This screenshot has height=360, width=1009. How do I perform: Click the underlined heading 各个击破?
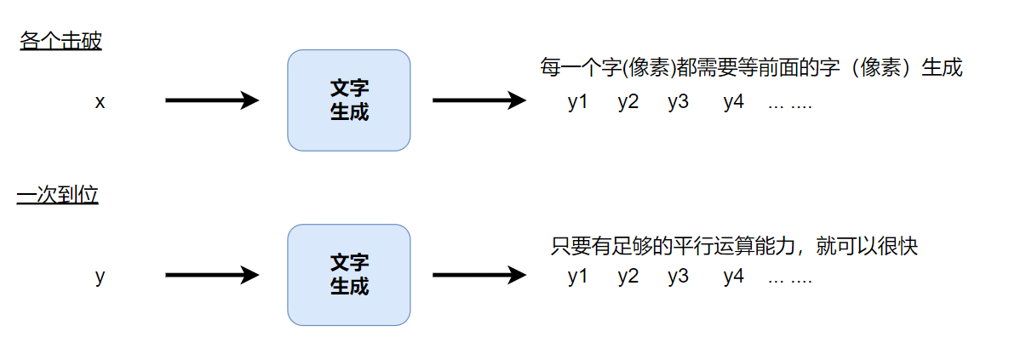pyautogui.click(x=60, y=42)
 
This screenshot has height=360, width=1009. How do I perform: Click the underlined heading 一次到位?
pyautogui.click(x=58, y=196)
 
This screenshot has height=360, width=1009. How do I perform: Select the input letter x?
pyautogui.click(x=100, y=102)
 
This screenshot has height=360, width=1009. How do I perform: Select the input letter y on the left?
pyautogui.click(x=100, y=276)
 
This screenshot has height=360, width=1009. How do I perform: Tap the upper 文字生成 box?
pyautogui.click(x=349, y=100)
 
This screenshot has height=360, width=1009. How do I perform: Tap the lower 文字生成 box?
pyautogui.click(x=349, y=274)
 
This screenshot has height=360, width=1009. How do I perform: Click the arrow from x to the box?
pyautogui.click(x=211, y=100)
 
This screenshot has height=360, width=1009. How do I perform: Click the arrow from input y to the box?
pyautogui.click(x=211, y=274)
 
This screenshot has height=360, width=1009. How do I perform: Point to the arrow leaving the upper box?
pyautogui.click(x=479, y=100)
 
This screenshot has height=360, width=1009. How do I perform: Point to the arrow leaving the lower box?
pyautogui.click(x=479, y=274)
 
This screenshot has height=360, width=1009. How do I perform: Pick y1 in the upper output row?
pyautogui.click(x=578, y=103)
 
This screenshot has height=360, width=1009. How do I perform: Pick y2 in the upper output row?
pyautogui.click(x=628, y=103)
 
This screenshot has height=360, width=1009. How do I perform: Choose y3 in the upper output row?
pyautogui.click(x=679, y=103)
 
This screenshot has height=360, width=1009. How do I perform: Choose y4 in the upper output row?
pyautogui.click(x=734, y=103)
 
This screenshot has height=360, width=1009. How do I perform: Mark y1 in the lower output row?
pyautogui.click(x=578, y=277)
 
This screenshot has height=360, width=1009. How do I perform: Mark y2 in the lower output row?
pyautogui.click(x=628, y=277)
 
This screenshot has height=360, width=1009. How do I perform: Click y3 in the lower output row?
pyautogui.click(x=679, y=277)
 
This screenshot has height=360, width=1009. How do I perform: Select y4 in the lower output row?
pyautogui.click(x=734, y=277)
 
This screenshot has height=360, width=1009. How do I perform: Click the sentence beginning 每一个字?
pyautogui.click(x=751, y=68)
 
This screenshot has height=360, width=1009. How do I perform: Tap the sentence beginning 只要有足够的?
pyautogui.click(x=734, y=247)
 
